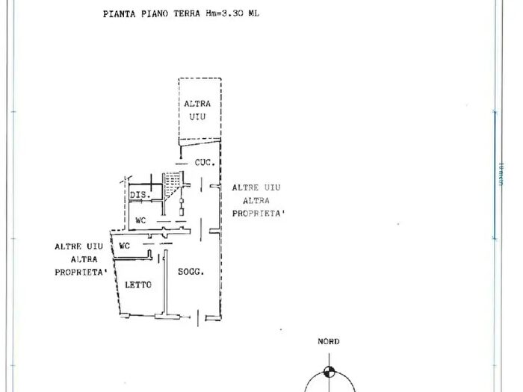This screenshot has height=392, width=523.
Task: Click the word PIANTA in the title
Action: [119, 13]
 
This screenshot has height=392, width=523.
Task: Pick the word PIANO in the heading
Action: [154, 13]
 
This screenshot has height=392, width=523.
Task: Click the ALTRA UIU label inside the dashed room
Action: [197, 110]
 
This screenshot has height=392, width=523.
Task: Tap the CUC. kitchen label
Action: [205, 162]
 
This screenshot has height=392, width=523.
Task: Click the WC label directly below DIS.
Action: [140, 220]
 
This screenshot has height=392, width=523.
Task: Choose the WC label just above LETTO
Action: [125, 245]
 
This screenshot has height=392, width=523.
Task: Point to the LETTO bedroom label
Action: [138, 284]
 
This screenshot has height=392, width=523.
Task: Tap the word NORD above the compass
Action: [328, 341]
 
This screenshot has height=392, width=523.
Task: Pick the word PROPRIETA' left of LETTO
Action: [81, 272]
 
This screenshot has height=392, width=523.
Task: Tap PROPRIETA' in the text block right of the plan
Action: [259, 214]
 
